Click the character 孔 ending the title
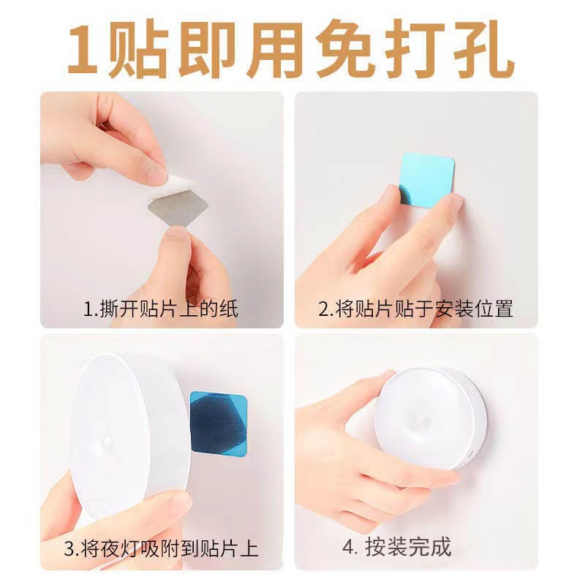pyautogui.click(x=484, y=49)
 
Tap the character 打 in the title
pyautogui.click(x=415, y=49)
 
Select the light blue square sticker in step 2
pyautogui.click(x=426, y=179)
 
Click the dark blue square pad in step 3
pyautogui.click(x=219, y=424)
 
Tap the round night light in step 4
pyautogui.click(x=431, y=418)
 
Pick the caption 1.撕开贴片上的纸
pyautogui.click(x=160, y=309)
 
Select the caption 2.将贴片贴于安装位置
pyautogui.click(x=415, y=309)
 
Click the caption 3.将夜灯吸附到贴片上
pyautogui.click(x=161, y=548)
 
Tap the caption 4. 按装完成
pyautogui.click(x=397, y=547)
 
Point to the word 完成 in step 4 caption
pyautogui.click(x=430, y=547)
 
